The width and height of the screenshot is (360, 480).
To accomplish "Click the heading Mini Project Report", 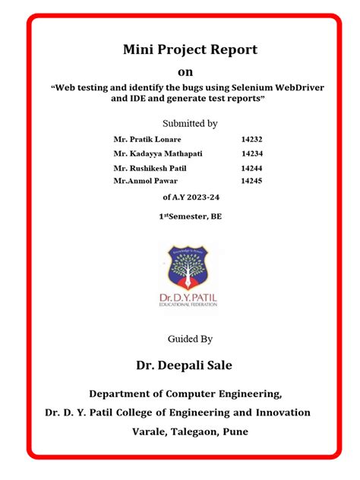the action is (190, 50).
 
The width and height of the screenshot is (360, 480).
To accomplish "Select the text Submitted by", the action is (190, 123).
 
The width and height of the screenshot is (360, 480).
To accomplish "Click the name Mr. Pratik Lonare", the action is (147, 140).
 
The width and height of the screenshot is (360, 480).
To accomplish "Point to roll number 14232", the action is (251, 140).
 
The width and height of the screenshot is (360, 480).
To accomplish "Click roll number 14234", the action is (251, 154).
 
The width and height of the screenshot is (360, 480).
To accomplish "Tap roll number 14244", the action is (251, 169).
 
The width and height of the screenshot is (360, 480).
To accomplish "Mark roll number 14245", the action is (251, 182).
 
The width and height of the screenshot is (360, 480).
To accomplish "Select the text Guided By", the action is (190, 338).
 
